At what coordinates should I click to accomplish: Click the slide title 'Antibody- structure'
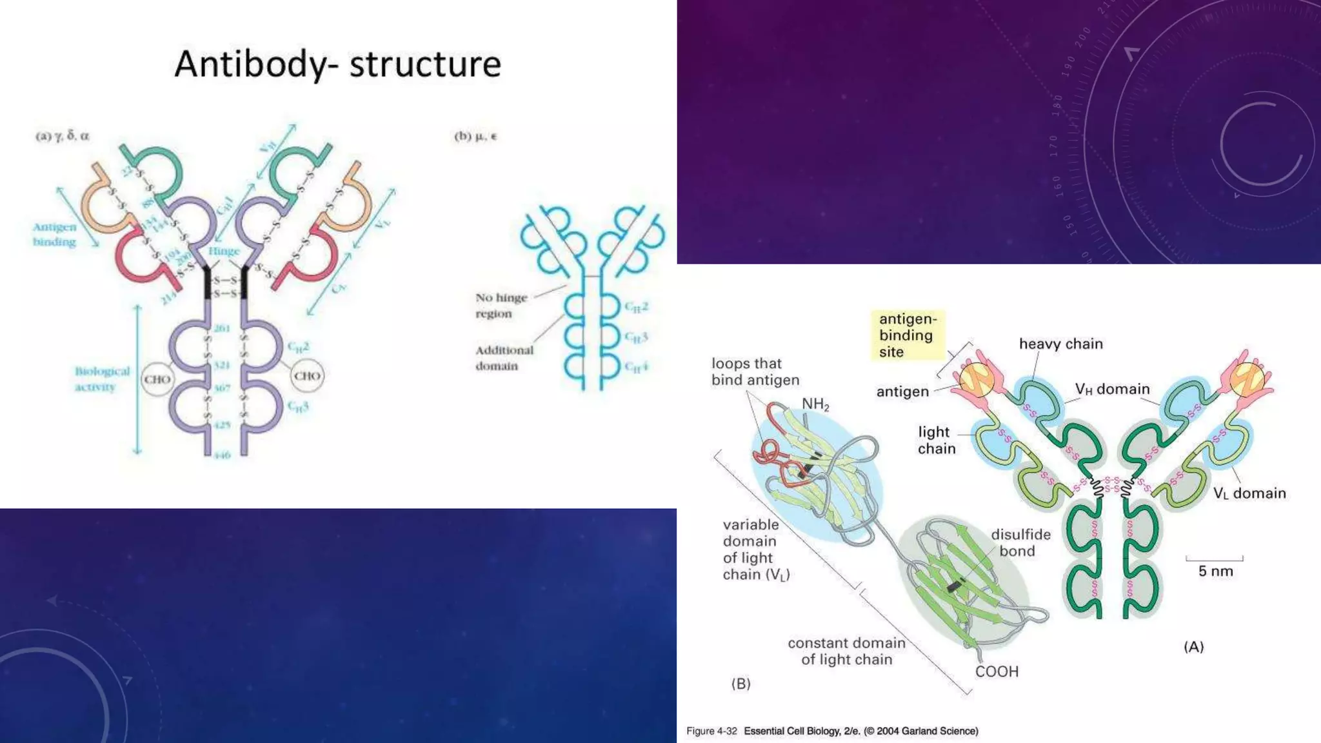pos(337,64)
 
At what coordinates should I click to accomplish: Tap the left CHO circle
pos(157,379)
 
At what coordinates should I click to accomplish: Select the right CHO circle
pos(307,375)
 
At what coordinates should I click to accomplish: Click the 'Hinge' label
pos(224,251)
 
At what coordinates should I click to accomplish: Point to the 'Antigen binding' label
pos(55,234)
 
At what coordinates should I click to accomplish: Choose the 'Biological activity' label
pos(102,379)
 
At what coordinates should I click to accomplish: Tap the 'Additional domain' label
pos(504,358)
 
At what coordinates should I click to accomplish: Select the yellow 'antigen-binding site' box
pos(908,335)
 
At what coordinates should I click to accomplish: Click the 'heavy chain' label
pos(1060,344)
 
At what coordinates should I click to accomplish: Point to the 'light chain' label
pos(936,440)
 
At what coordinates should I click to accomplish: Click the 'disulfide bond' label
pos(1020,542)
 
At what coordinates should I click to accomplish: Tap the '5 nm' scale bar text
pos(1215,571)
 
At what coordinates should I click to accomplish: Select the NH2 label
pos(815,404)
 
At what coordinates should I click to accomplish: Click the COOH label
pos(997,671)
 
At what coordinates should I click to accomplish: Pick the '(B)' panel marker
pos(740,684)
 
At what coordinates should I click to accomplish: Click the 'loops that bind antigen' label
pos(755,371)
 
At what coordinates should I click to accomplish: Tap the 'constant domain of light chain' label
pos(846,651)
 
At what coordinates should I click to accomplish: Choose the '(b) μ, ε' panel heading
pos(476,136)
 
